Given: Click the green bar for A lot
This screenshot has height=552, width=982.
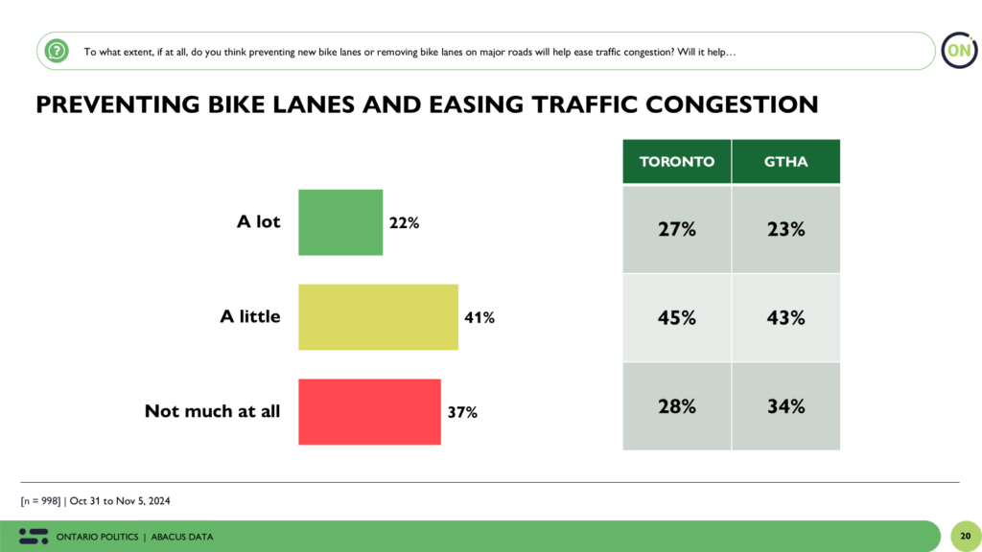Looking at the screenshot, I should click(340, 222).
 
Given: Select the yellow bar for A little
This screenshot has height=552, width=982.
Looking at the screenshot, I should click(378, 316).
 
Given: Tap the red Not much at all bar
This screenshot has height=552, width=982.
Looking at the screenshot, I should click(369, 412).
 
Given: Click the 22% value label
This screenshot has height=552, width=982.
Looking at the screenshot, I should click(405, 222).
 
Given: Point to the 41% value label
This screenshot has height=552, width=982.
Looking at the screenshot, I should click(479, 317).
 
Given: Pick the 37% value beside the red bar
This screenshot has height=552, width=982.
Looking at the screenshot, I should click(462, 413).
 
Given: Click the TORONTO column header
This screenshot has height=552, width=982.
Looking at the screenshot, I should click(677, 161).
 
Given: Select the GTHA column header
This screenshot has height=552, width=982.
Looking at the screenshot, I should click(785, 161).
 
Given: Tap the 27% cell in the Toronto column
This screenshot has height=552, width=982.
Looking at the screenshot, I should click(677, 229).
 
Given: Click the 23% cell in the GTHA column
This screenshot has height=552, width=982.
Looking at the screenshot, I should click(785, 229).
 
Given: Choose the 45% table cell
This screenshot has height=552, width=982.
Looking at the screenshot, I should click(677, 317).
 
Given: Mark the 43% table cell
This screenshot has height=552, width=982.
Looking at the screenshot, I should click(785, 317).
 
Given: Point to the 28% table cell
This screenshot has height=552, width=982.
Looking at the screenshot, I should click(677, 405).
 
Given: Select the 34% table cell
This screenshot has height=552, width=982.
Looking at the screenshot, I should click(785, 405).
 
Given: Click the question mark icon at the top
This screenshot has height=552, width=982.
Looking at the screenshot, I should click(58, 50).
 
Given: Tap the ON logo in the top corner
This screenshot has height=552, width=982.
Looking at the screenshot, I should click(957, 50).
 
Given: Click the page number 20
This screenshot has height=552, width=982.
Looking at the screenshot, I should click(965, 536).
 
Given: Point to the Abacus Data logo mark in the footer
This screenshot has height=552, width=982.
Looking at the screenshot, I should click(34, 536).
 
